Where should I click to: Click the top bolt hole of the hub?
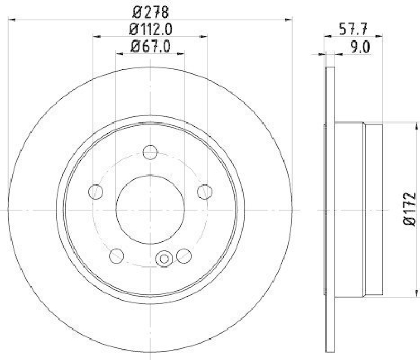click(150, 152)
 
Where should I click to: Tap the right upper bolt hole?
click(204, 192)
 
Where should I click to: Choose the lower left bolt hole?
click(117, 256)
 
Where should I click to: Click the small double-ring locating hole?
click(164, 259)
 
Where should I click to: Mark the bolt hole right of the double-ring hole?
click(183, 256)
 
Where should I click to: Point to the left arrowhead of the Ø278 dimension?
click(12, 19)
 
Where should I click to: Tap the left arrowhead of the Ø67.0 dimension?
click(118, 53)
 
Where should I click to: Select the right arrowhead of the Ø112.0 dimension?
click(204, 36)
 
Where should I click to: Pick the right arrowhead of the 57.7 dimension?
click(380, 36)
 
